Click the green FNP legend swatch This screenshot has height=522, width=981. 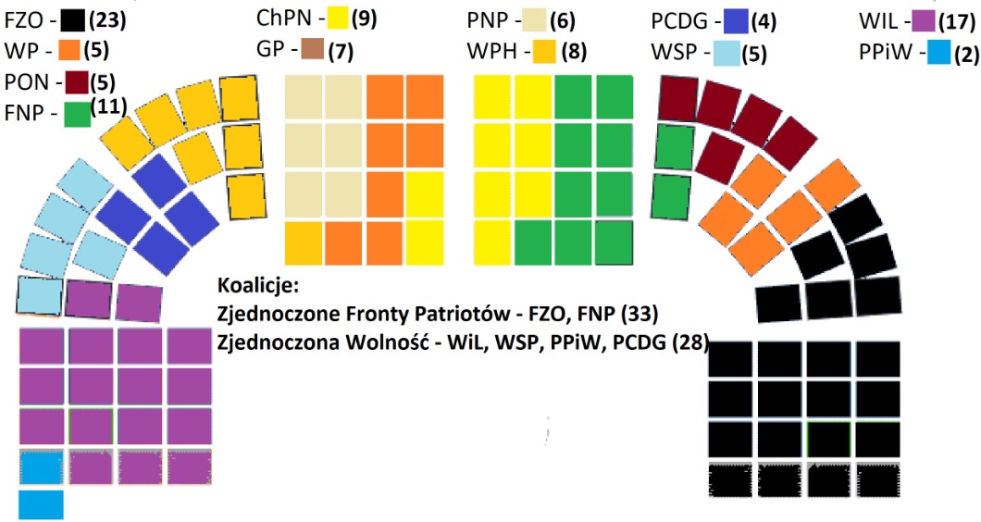point(76,114)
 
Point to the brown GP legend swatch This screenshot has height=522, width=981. point(313,50)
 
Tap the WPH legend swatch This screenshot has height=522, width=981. point(543,50)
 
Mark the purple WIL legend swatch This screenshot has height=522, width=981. point(920,18)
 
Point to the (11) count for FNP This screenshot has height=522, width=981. point(110,105)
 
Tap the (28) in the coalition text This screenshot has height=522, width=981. point(691,344)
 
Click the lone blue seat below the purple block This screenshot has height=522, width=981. point(41,504)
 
